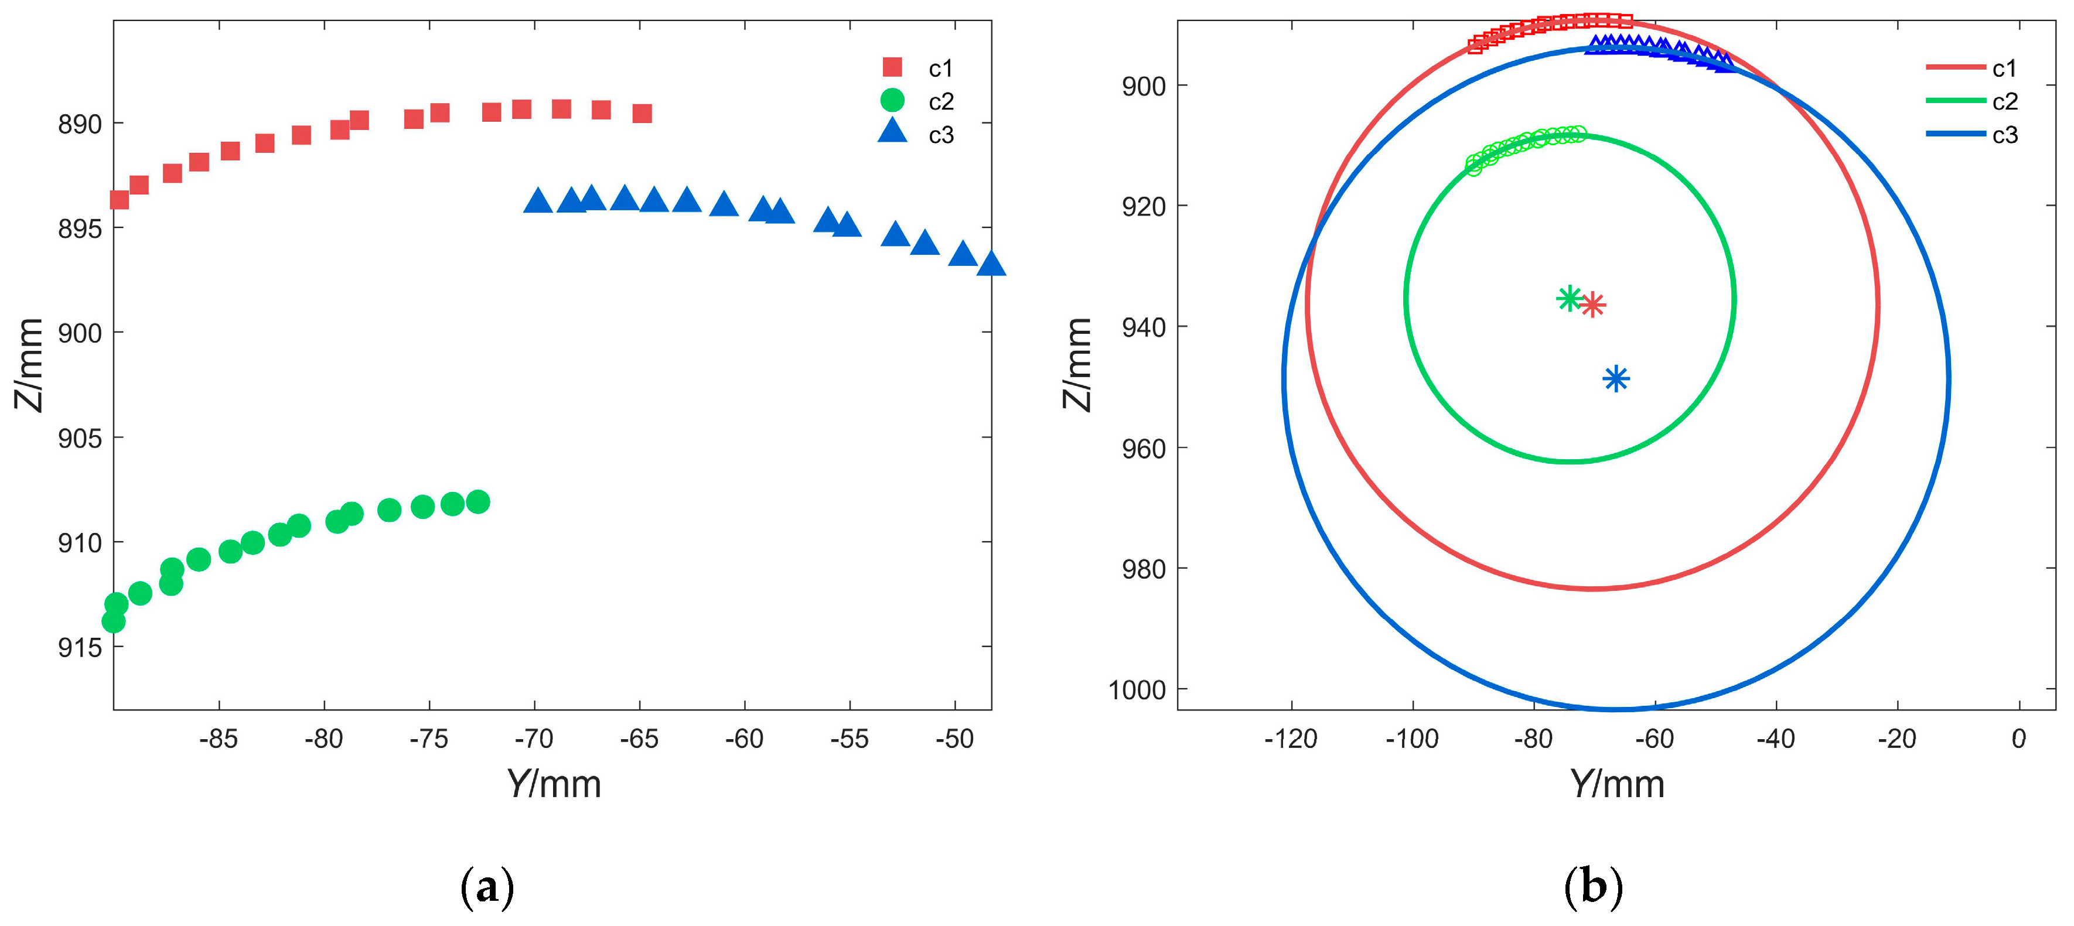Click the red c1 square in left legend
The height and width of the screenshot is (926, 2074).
(x=892, y=67)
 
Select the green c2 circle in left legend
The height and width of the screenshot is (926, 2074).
(x=892, y=101)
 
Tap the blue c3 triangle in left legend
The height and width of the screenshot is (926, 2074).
(x=892, y=132)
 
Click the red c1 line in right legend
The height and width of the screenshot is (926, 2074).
(x=1955, y=67)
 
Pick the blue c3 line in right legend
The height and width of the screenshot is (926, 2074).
(x=1955, y=134)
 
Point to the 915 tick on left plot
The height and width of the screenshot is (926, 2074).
(x=80, y=647)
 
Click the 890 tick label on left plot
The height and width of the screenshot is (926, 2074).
(x=80, y=124)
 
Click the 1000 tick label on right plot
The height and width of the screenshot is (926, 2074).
(x=1137, y=690)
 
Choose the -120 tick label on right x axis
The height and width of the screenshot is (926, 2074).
(x=1291, y=739)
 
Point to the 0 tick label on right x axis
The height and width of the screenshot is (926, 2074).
(x=2018, y=739)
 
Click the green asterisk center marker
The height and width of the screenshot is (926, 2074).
(x=1569, y=299)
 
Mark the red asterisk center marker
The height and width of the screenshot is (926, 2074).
(x=1592, y=305)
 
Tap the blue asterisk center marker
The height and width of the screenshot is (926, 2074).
(x=1616, y=378)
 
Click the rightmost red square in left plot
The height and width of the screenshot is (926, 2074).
(x=642, y=114)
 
